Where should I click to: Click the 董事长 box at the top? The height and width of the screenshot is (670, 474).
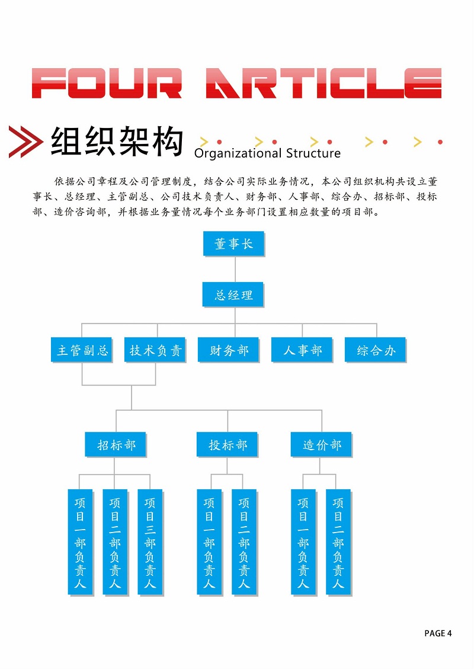(x=234, y=243)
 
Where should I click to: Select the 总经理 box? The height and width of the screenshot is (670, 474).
(x=233, y=294)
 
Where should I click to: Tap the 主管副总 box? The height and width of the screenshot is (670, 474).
(x=82, y=350)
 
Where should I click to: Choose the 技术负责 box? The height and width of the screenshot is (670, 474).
(x=155, y=350)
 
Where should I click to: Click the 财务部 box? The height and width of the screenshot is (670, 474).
(x=229, y=350)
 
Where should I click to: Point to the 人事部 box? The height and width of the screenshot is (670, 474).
(x=302, y=350)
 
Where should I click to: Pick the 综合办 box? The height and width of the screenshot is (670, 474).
(x=376, y=350)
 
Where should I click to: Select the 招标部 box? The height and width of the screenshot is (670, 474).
(x=116, y=444)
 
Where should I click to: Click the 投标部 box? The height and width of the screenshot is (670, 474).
(x=228, y=444)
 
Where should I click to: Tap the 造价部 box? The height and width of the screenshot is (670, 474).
(x=321, y=444)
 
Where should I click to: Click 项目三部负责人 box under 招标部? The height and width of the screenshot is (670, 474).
(x=150, y=542)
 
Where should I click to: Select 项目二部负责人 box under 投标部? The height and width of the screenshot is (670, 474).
(x=244, y=542)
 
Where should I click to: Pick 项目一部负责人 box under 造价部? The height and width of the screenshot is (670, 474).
(x=303, y=542)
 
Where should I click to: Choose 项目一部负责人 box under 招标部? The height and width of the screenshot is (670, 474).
(x=81, y=542)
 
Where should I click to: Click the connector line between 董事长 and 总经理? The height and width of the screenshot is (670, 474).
(x=235, y=269)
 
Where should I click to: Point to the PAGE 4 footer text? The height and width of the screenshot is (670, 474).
(x=438, y=633)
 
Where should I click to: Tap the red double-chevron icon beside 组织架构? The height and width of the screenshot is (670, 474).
(x=25, y=142)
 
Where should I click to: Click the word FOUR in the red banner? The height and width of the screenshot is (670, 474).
(x=107, y=83)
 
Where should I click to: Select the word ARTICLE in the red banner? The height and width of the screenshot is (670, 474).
(x=324, y=83)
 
